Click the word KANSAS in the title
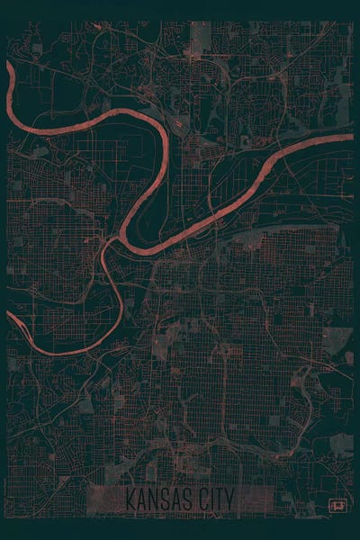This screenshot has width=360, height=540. coord(160,498)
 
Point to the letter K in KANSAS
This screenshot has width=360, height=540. coord(131,498)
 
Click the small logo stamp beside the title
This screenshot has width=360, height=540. coord(338,506)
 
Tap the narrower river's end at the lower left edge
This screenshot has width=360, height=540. coord(10,316)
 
